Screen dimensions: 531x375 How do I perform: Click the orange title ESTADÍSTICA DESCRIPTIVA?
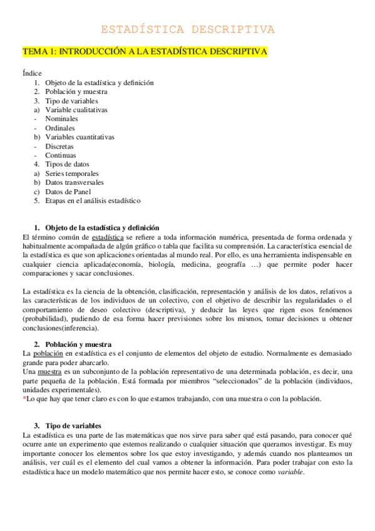point(187,29)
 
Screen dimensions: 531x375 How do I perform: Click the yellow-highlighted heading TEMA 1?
point(145,51)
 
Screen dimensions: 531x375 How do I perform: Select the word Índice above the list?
point(32,73)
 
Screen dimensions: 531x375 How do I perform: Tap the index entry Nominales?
point(61,118)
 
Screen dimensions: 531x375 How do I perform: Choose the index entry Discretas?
point(59,146)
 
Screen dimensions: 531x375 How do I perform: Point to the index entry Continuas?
point(60,155)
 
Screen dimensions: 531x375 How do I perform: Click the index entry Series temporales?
point(71,173)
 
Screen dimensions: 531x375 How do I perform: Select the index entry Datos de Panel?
point(68,192)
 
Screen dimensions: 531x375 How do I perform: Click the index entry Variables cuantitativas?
point(80,137)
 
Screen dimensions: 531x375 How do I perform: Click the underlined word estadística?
point(107,237)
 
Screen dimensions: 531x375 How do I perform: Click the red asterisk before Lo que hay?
point(24,398)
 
